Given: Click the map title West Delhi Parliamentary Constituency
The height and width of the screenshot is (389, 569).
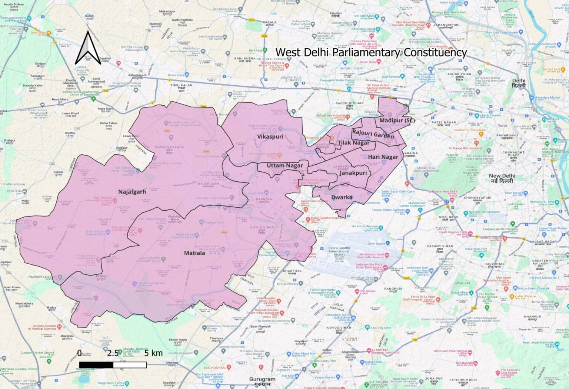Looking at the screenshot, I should (371, 52).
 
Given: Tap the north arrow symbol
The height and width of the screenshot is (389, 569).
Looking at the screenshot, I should (87, 48).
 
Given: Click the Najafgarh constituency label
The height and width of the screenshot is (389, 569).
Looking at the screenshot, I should (132, 192).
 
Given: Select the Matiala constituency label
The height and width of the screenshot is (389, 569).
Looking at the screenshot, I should (194, 253).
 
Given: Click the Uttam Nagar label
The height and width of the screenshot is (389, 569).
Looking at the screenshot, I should (284, 165).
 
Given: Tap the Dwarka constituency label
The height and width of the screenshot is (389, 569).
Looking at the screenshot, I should (342, 197).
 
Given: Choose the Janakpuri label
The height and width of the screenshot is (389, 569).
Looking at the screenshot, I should (353, 173).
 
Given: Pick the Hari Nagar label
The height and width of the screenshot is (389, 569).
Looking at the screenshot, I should (383, 157).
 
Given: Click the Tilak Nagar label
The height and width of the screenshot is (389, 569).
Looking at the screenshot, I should (353, 143).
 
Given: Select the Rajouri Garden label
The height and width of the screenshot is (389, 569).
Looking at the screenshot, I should (373, 134).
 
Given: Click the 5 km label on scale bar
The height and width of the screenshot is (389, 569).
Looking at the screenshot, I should (153, 353).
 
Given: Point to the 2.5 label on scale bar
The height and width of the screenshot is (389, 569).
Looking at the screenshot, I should (113, 353).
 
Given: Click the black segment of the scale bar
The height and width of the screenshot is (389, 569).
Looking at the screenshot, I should (96, 365).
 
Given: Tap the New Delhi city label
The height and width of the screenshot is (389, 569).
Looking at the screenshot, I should (502, 178).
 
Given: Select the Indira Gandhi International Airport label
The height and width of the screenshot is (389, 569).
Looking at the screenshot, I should (339, 253).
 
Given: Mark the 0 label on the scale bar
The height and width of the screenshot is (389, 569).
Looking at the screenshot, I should (79, 353).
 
